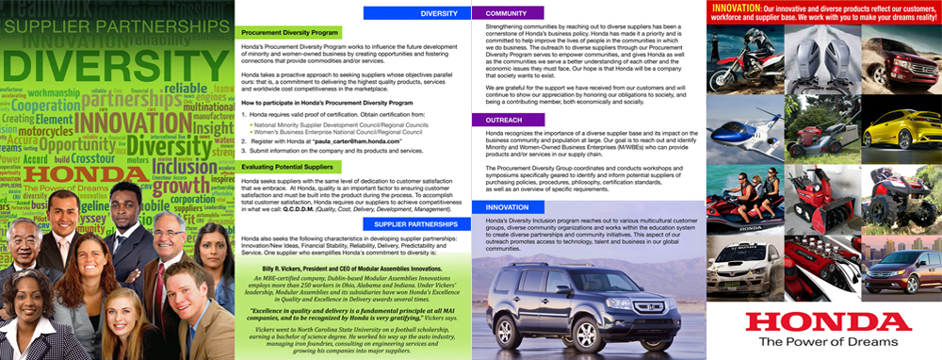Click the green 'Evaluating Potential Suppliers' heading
click(x=284, y=166)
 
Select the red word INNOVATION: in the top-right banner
click(x=744, y=9)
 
